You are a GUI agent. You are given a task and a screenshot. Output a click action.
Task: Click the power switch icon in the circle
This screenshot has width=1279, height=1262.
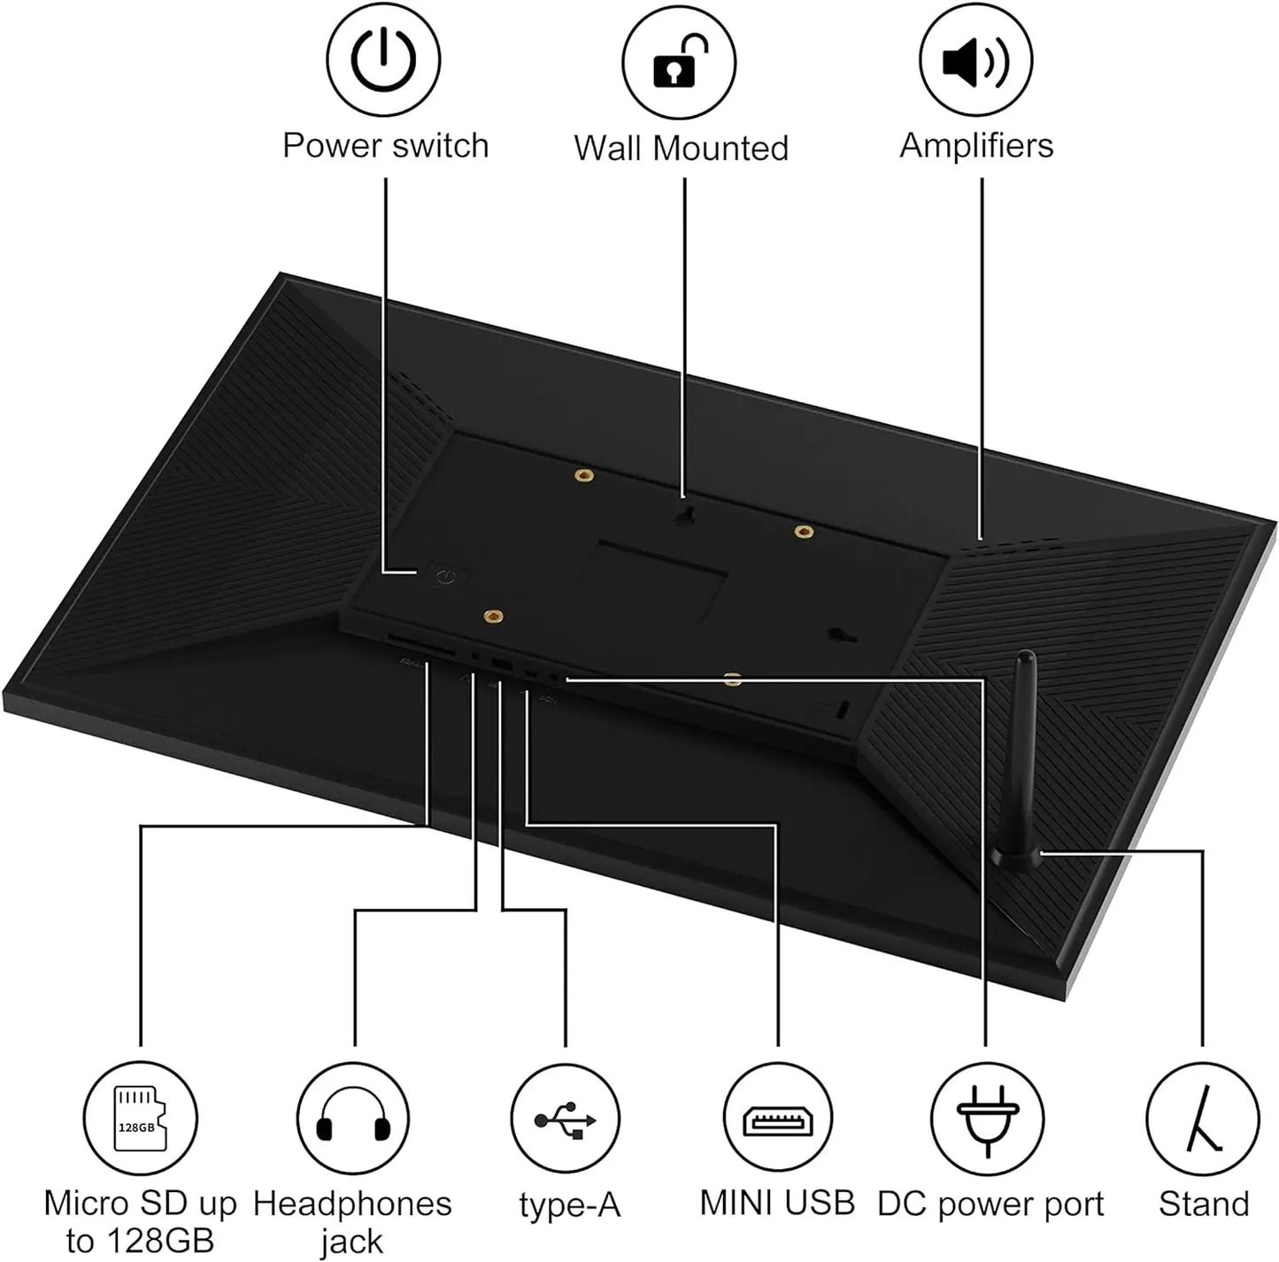click(383, 60)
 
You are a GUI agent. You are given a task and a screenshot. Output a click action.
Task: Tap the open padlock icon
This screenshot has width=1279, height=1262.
click(679, 62)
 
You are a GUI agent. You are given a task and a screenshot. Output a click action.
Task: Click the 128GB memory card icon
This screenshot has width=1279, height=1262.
click(139, 1119)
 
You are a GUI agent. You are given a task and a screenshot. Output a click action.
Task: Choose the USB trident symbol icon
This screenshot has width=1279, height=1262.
click(565, 1120)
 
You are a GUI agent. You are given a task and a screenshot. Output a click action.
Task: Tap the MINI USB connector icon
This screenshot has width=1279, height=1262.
click(777, 1120)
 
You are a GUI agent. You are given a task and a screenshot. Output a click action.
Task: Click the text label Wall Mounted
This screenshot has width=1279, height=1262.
click(681, 148)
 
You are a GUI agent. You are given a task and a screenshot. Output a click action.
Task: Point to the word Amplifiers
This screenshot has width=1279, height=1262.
click(976, 145)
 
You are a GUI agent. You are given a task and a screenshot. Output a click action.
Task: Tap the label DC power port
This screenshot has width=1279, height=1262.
click(990, 1204)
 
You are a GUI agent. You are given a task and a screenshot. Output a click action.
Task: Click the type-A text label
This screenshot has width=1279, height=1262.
click(569, 1206)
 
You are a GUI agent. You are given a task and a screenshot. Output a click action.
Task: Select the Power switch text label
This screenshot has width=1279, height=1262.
click(386, 145)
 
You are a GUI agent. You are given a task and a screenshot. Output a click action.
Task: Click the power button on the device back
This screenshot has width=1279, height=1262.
click(446, 575)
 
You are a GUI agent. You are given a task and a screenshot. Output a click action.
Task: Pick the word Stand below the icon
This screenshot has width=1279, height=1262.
click(1204, 1204)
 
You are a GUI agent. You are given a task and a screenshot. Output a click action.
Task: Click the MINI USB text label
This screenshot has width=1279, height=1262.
click(777, 1202)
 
